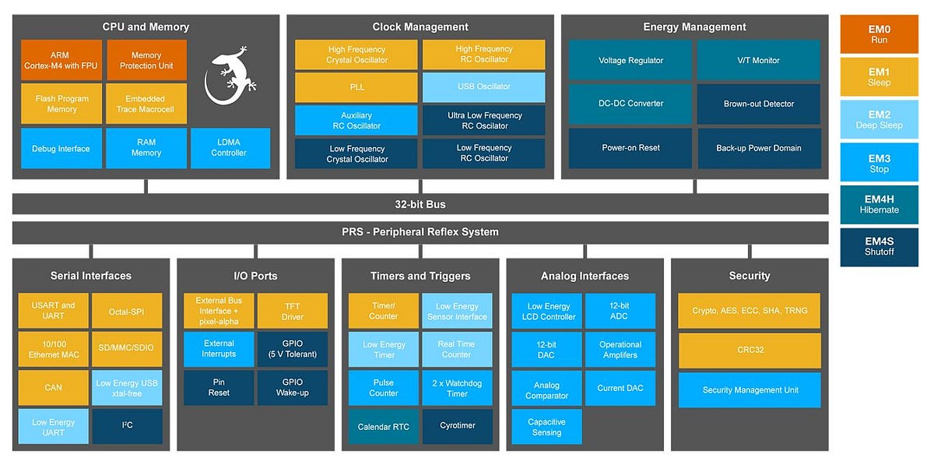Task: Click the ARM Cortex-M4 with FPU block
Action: click(x=61, y=60)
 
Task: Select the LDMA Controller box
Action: click(x=230, y=148)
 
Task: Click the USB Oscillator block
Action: click(x=483, y=86)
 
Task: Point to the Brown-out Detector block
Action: click(x=759, y=104)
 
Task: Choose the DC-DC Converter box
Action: click(x=630, y=104)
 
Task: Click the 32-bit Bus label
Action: click(x=420, y=204)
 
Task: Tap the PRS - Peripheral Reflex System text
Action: click(x=420, y=232)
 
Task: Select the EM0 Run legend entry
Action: click(x=879, y=34)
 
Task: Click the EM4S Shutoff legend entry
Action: click(x=879, y=246)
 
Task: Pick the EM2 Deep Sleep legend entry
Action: click(x=879, y=119)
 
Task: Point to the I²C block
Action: click(x=127, y=426)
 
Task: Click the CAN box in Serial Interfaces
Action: click(x=53, y=387)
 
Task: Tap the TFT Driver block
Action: click(x=292, y=311)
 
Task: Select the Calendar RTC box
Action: click(x=383, y=427)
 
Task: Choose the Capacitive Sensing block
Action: click(x=546, y=427)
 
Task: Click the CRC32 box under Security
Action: click(x=749, y=350)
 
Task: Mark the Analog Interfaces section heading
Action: click(x=585, y=276)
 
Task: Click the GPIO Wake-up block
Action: click(x=292, y=387)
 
